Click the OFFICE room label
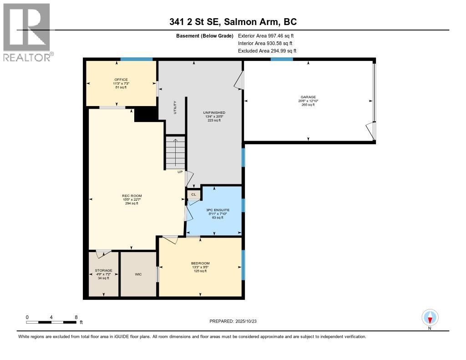[121, 80]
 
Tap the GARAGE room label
[308, 97]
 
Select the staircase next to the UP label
[175, 152]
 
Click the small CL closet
[193, 195]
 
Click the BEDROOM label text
[200, 264]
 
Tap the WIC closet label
[138, 275]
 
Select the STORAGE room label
[103, 270]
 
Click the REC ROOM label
[131, 196]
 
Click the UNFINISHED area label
[214, 112]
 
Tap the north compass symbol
[430, 318]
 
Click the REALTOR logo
[27, 32]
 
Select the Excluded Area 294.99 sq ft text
[267, 51]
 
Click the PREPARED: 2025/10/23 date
[236, 321]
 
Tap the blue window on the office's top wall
[136, 59]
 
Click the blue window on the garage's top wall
[281, 59]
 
